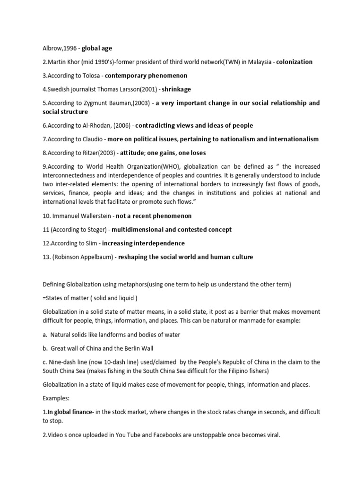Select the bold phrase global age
97,48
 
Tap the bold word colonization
294,62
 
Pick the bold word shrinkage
176,89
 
